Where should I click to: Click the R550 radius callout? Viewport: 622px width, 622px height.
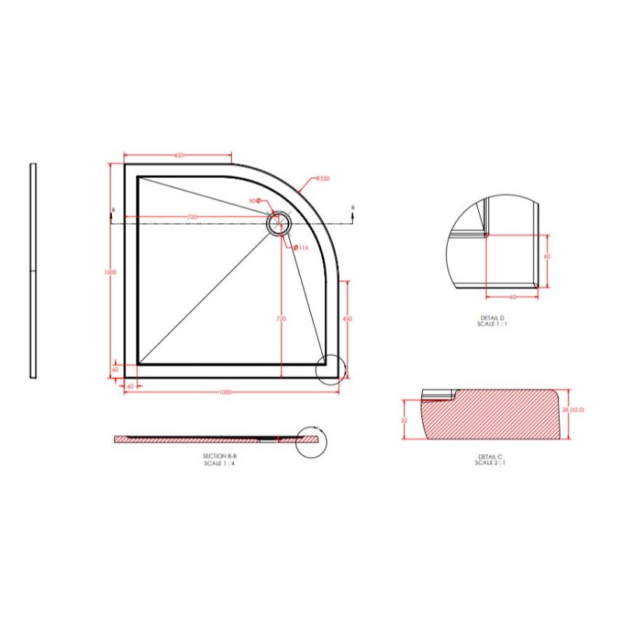(x=323, y=179)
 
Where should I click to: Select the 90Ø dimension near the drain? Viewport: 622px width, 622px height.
(x=253, y=201)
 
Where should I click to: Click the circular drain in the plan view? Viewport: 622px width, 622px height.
(x=277, y=224)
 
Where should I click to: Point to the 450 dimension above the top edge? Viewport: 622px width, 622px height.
(x=179, y=156)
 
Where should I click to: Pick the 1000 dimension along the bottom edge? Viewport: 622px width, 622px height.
(x=225, y=391)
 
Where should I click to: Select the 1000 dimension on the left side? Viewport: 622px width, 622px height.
(x=110, y=272)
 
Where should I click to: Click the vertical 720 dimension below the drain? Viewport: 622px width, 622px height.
(x=281, y=319)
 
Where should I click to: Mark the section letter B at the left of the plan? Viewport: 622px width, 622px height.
(x=114, y=210)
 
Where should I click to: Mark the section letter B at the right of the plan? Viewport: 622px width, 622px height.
(x=353, y=208)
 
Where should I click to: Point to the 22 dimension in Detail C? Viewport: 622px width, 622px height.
(x=404, y=420)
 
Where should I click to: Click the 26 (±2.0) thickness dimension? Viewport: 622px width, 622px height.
(x=576, y=409)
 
